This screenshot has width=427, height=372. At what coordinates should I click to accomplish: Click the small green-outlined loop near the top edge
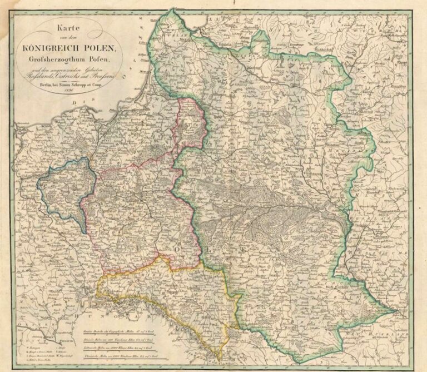[257, 40]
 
